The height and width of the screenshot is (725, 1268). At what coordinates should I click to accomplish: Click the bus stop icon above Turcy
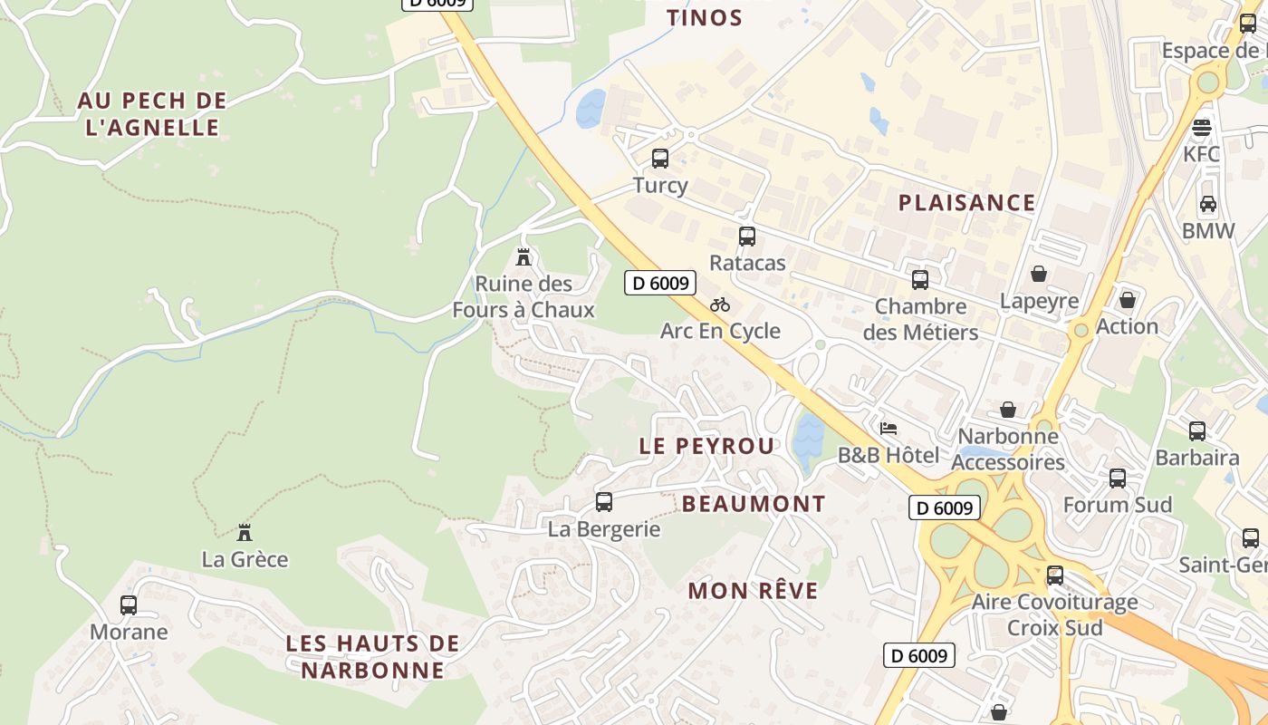click(660, 159)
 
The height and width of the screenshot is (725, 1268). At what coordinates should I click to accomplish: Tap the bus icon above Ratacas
click(747, 237)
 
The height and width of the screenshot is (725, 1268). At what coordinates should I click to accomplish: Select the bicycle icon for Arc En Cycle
click(720, 304)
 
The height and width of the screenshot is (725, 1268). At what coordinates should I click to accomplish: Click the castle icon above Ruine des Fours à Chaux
click(524, 257)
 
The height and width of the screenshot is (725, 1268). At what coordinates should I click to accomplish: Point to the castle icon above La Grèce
click(245, 533)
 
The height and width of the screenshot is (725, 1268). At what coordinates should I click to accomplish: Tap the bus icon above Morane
click(129, 605)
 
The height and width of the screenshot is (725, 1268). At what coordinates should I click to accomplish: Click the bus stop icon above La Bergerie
click(604, 502)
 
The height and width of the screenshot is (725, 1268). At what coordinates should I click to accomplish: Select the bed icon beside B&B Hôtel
click(889, 428)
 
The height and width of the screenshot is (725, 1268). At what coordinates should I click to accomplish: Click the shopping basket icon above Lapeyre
click(1039, 274)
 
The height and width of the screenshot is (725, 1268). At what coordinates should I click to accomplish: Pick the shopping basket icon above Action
click(1128, 299)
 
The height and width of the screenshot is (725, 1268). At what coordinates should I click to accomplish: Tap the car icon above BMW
click(1208, 204)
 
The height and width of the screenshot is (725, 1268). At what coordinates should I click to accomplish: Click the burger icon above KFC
click(1202, 127)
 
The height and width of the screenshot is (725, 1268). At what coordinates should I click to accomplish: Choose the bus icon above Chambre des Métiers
click(920, 280)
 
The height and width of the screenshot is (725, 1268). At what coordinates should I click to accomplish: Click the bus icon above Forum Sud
click(1118, 478)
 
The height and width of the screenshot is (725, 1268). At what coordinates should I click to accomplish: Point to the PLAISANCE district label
click(966, 202)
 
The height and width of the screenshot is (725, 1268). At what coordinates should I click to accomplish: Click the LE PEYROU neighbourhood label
click(707, 446)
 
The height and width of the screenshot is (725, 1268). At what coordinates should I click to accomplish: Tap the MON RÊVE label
click(753, 591)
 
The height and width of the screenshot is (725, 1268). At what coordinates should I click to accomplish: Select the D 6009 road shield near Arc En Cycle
click(660, 283)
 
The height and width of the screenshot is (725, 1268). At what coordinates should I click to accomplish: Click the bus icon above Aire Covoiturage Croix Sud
click(1055, 575)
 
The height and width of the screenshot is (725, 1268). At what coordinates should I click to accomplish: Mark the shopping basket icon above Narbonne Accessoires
click(1008, 411)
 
